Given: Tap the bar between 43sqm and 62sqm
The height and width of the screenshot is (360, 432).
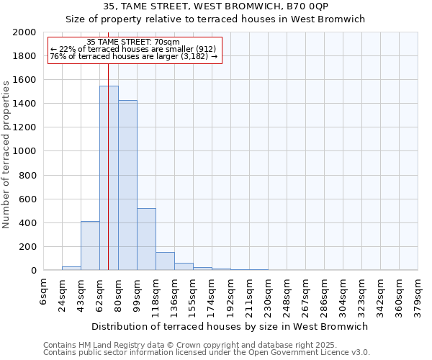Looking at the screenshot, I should (90, 246).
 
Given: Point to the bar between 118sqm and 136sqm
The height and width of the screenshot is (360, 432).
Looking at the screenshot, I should (165, 261).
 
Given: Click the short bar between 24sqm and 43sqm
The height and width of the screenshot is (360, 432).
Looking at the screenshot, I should (71, 268).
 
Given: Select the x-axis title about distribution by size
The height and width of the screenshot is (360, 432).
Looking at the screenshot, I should (230, 326).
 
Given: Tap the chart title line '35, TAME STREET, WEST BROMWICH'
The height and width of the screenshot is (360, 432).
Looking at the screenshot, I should (216, 6).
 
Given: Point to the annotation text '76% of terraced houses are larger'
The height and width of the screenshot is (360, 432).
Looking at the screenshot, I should (134, 55).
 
